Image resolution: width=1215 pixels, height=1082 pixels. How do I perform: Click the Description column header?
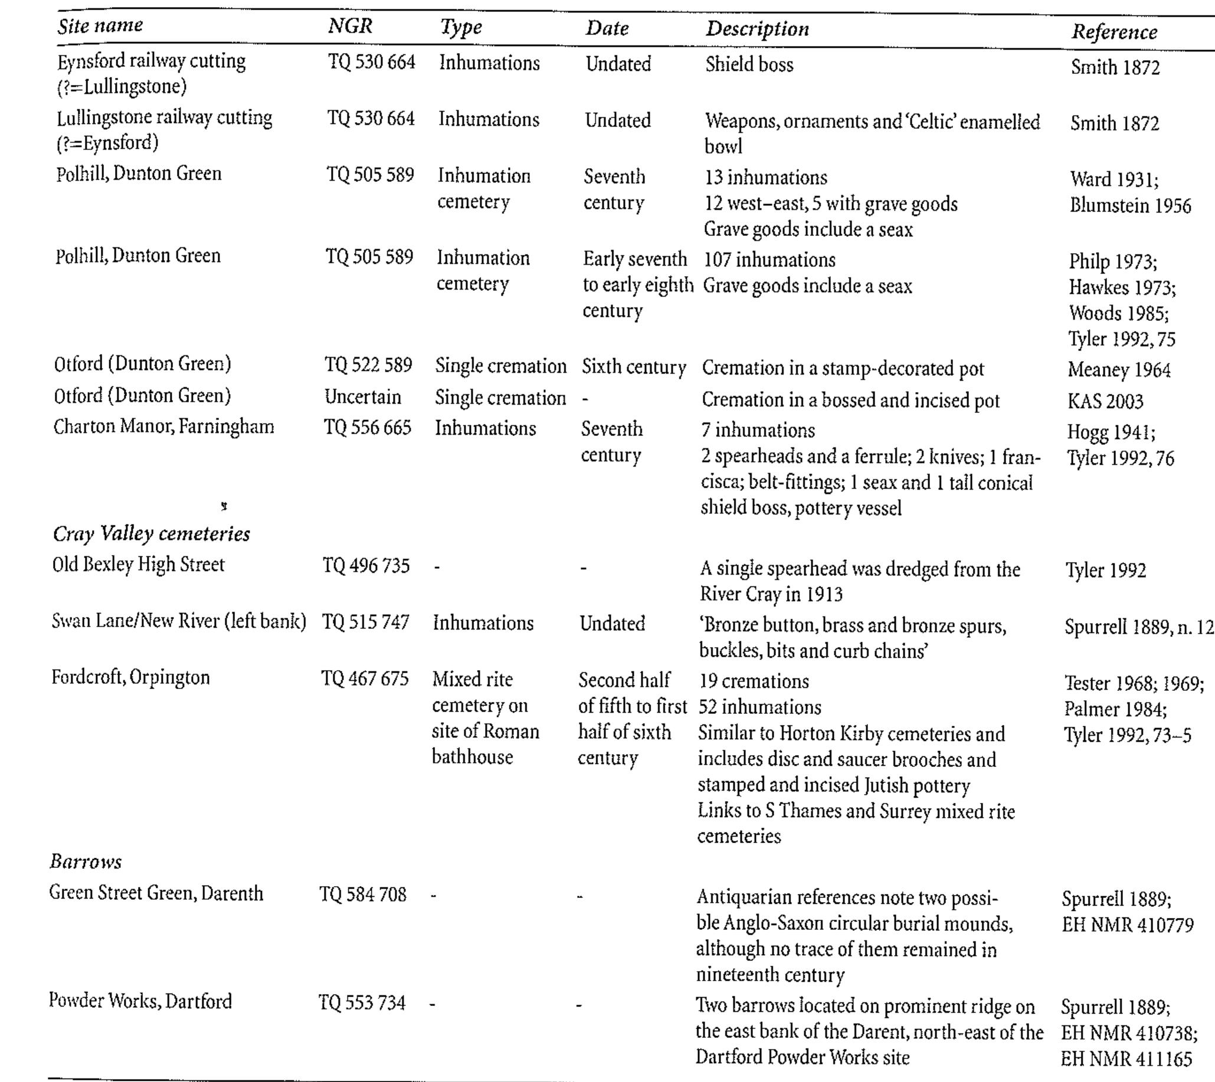click(x=757, y=29)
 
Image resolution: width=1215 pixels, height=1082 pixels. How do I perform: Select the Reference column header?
click(x=1114, y=32)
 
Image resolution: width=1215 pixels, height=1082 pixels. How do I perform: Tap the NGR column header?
click(x=351, y=26)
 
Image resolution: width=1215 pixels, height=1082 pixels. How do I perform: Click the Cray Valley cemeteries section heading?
click(x=151, y=534)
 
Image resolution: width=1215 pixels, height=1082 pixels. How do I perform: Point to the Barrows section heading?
click(x=86, y=861)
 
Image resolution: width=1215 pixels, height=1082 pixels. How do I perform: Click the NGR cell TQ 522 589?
click(x=368, y=365)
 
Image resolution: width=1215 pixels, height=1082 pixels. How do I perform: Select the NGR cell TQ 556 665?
click(x=368, y=428)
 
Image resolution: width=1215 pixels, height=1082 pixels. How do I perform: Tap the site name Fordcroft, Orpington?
click(x=130, y=678)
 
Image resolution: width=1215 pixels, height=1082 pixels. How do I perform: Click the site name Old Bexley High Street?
click(x=139, y=564)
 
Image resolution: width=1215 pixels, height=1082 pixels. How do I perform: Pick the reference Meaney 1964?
click(x=1119, y=370)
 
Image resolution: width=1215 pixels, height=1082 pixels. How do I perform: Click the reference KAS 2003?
click(x=1105, y=401)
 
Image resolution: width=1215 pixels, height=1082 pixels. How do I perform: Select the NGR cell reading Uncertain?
click(x=363, y=397)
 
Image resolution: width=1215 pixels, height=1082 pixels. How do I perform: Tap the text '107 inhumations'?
click(x=769, y=260)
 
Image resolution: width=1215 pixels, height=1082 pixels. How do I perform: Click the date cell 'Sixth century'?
click(x=633, y=367)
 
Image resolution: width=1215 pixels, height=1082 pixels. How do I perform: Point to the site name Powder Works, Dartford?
click(x=140, y=1001)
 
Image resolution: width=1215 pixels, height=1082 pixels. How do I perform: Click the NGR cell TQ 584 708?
click(x=363, y=894)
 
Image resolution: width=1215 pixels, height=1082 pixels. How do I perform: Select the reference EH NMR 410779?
click(x=1127, y=926)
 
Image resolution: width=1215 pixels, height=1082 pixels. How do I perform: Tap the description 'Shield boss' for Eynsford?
click(x=749, y=64)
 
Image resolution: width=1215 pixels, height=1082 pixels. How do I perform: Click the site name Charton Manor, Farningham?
click(x=163, y=427)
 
